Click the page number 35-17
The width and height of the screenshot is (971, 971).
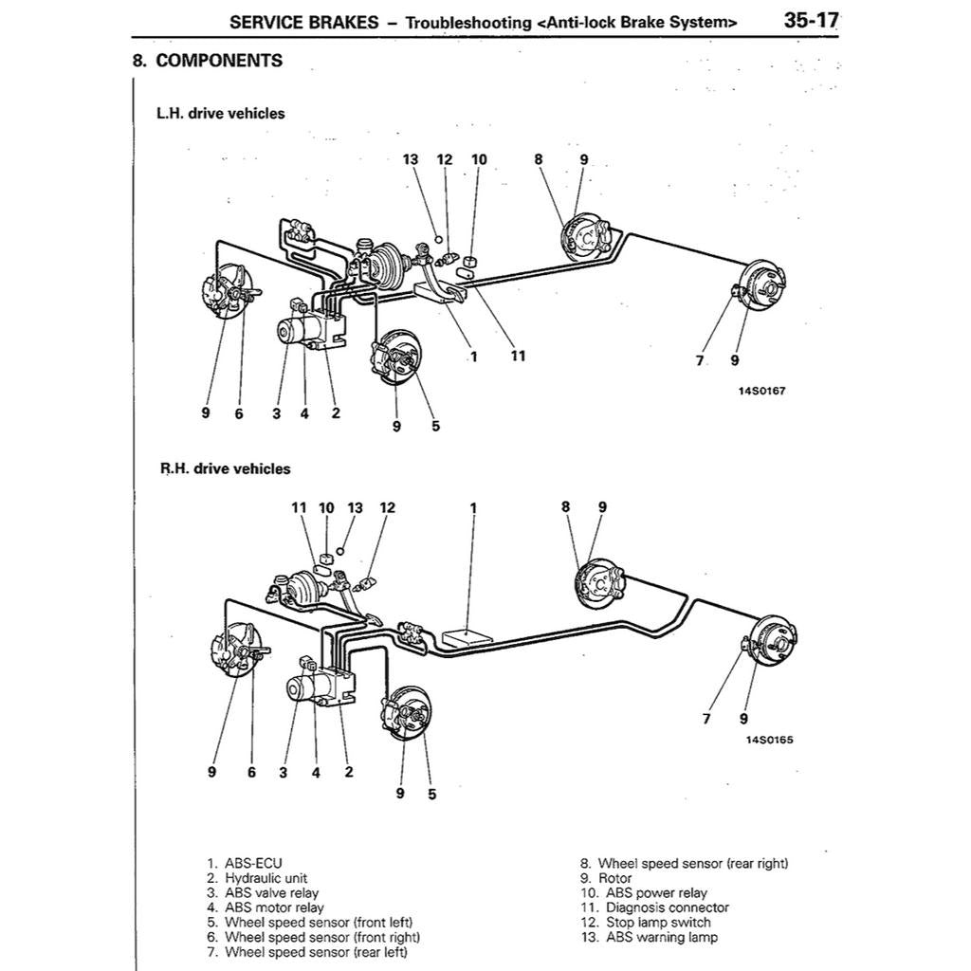[x=812, y=21]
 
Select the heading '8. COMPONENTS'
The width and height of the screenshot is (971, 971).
[x=208, y=61]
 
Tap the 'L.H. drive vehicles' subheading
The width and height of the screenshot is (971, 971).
[x=220, y=113]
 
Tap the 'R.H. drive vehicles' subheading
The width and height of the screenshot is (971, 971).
[x=226, y=468]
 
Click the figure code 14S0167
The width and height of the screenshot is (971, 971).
[x=762, y=391]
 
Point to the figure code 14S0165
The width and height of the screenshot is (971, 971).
[x=769, y=740]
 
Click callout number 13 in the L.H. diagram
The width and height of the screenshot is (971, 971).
[x=410, y=159]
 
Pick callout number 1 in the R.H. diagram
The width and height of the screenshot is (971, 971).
[x=473, y=508]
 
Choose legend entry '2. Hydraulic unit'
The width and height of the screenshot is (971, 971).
[x=257, y=878]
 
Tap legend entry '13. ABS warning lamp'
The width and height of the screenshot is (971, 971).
[x=650, y=937]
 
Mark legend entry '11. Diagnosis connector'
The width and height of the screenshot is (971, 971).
[x=654, y=907]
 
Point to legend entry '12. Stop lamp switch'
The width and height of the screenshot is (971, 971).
[x=645, y=922]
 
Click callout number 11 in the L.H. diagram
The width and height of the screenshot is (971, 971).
[x=518, y=357]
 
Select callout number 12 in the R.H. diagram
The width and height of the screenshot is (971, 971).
[x=387, y=508]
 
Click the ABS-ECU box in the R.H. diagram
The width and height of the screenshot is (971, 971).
[x=468, y=636]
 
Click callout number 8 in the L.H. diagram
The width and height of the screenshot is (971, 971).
[x=539, y=159]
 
